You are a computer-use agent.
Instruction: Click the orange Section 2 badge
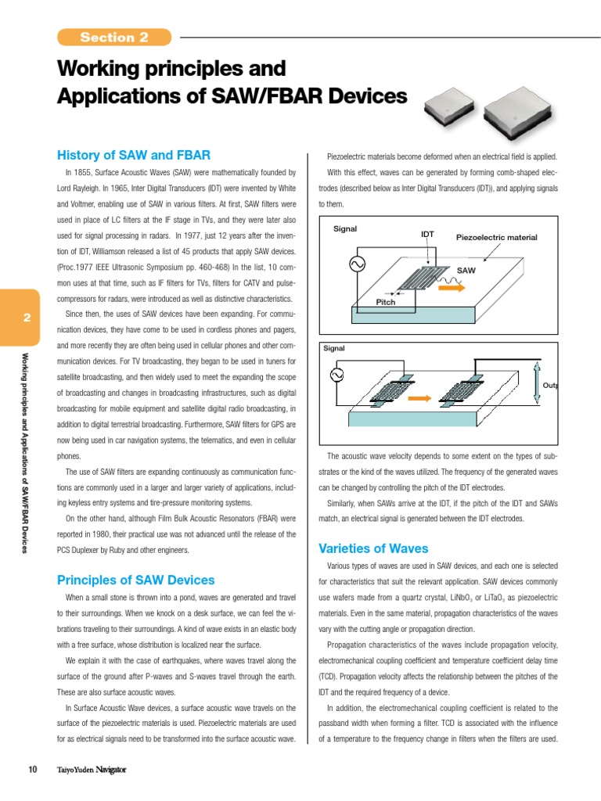(113, 37)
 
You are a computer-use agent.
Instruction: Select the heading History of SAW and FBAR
(134, 155)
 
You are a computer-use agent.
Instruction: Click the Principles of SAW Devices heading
(135, 580)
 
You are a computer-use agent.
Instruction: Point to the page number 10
(33, 770)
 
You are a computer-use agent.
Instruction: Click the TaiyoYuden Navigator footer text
(92, 770)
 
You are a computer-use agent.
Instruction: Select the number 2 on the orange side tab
(26, 318)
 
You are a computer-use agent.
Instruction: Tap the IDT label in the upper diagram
(427, 234)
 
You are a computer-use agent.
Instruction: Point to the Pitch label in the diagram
(386, 301)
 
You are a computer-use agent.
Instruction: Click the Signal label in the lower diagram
(334, 348)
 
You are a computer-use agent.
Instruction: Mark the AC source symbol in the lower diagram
(338, 376)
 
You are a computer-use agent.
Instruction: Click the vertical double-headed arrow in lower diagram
(536, 383)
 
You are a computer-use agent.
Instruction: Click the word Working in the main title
(99, 69)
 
